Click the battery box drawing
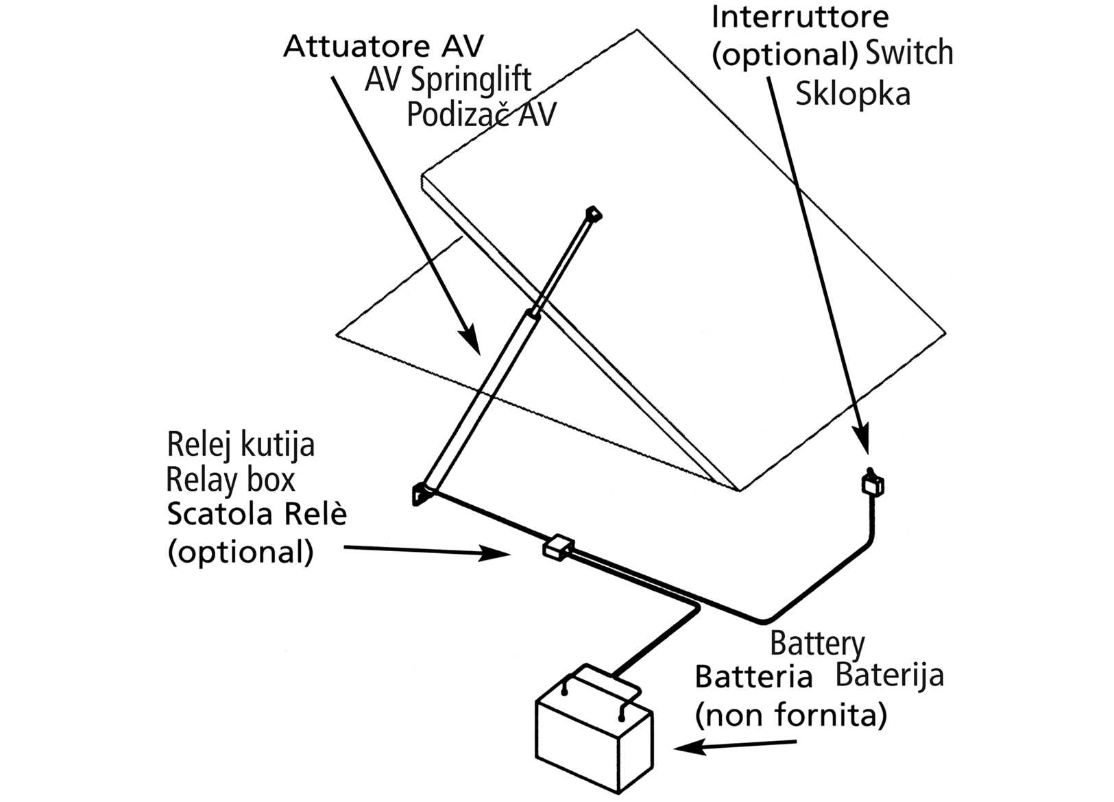click(x=594, y=740)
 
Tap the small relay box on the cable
click(x=558, y=547)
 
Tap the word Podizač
click(x=457, y=114)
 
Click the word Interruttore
click(x=799, y=16)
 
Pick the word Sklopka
click(x=852, y=93)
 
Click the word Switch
click(x=909, y=53)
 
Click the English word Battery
click(x=816, y=644)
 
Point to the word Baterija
click(x=889, y=676)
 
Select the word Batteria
click(x=753, y=677)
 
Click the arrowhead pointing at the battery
click(x=686, y=748)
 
